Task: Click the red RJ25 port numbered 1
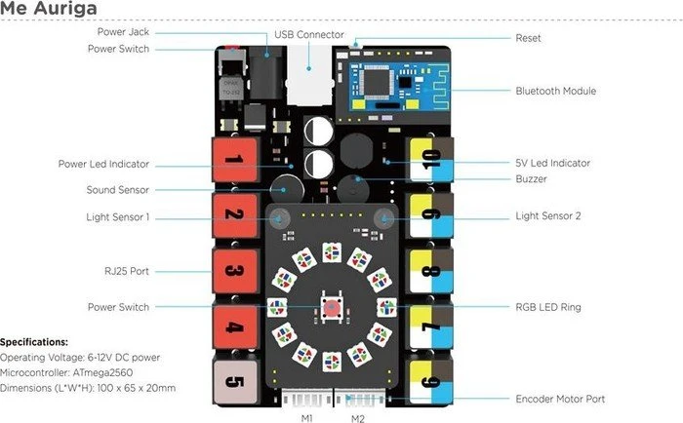pos(235,160)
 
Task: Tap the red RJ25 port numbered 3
pos(235,271)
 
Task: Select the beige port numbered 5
pos(235,382)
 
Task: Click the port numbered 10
pos(431,160)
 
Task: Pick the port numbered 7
pos(431,327)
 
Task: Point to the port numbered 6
pos(431,382)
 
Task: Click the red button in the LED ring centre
pos(332,307)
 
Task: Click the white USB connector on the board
pos(309,75)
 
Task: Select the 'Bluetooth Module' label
pos(556,91)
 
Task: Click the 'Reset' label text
pos(529,38)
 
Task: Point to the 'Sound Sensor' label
pos(118,190)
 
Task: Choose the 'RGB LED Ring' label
pos(548,307)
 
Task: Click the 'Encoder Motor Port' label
pos(560,399)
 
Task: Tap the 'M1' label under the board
pos(307,418)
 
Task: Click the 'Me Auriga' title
pos(49,8)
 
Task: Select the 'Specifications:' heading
pos(34,342)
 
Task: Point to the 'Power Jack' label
pos(123,32)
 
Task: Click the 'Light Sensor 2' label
pos(548,215)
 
